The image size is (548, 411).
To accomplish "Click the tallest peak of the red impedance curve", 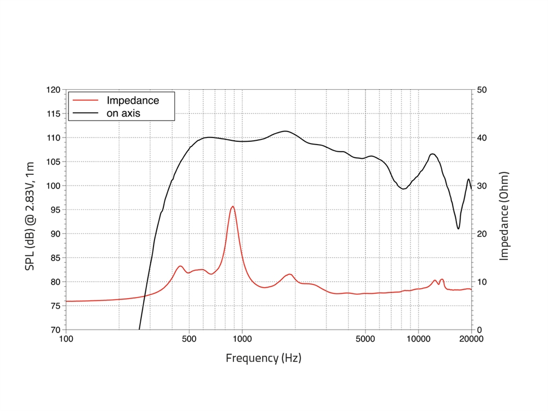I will (233, 206).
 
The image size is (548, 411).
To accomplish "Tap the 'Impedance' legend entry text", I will (133, 101).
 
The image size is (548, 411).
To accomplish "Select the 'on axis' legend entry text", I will (123, 113).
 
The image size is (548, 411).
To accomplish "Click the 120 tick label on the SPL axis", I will (53, 89).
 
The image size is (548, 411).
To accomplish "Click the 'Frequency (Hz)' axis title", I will (264, 358).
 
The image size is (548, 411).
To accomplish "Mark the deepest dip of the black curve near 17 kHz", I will (458, 229).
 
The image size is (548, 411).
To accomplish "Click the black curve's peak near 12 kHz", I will (432, 154).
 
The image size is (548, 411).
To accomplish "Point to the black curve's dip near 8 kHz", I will (404, 189).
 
